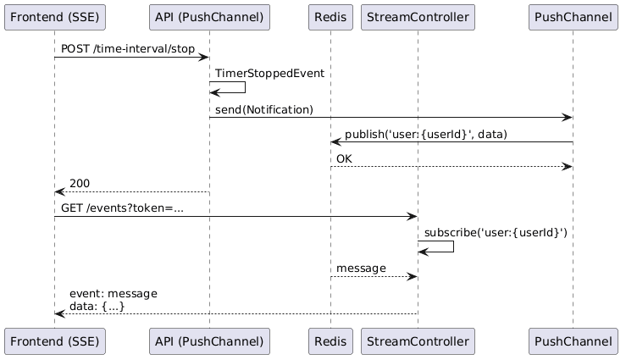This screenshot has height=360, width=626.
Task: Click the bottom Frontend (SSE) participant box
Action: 54,341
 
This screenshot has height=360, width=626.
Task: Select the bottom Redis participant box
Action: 330,341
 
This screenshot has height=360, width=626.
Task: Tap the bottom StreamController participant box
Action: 418,341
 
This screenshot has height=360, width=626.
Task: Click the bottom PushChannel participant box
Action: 573,341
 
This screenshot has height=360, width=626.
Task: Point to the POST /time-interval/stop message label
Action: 127,49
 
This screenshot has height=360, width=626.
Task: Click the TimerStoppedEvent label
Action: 269,74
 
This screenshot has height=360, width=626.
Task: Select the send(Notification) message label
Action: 264,109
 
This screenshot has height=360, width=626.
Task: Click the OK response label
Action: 345,158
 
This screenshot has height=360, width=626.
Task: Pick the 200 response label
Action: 80,183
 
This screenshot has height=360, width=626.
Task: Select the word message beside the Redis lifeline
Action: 360,268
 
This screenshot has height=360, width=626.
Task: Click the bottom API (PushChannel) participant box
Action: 209,341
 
